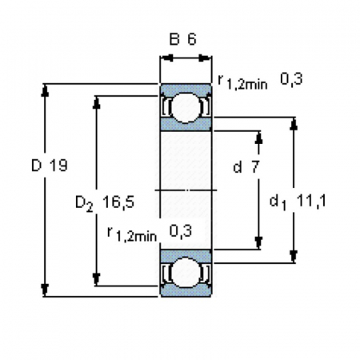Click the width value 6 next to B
(192, 39)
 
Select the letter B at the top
(174, 39)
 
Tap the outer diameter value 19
(58, 166)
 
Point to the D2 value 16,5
(118, 202)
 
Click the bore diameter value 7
(255, 167)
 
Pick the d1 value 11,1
(311, 201)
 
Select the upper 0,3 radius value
(291, 79)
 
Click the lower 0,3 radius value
(181, 231)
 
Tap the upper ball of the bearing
(186, 108)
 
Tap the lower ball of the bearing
(186, 273)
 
